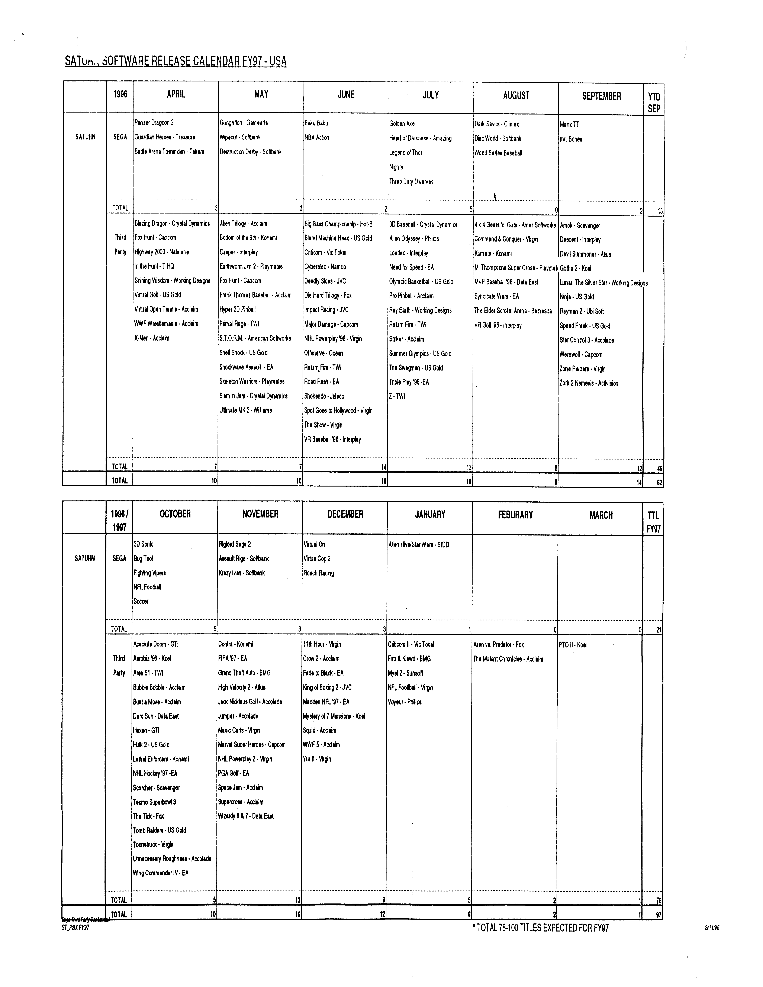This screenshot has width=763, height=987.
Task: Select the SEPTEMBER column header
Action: [601, 96]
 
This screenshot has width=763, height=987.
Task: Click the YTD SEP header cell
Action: [654, 103]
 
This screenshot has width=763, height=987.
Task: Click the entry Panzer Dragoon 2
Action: [154, 122]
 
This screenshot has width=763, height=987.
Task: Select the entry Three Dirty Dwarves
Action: [411, 182]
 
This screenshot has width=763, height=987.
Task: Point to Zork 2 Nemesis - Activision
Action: [589, 383]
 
